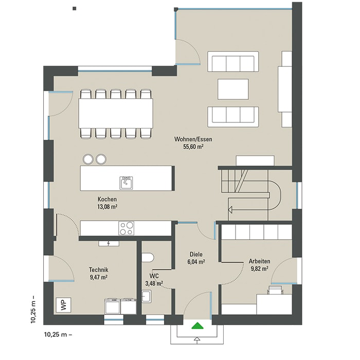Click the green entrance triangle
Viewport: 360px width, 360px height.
[x=197, y=326]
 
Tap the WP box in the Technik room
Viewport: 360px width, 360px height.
[x=64, y=305]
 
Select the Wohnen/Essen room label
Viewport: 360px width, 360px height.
[x=193, y=139]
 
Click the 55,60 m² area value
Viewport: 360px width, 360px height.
[x=193, y=147]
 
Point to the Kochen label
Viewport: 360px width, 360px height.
[x=107, y=200]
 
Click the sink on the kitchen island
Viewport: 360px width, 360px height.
[x=126, y=183]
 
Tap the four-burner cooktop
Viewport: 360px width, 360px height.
[x=127, y=228]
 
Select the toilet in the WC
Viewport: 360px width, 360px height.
[x=148, y=258]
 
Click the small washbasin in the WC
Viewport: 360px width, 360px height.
[x=146, y=296]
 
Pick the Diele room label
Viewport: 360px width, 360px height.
[x=196, y=255]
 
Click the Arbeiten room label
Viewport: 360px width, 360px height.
[x=259, y=261]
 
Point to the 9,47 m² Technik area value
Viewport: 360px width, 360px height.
[x=99, y=277]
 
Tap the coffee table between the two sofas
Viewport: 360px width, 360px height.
[x=233, y=89]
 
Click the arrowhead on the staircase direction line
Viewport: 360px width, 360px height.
[x=230, y=210]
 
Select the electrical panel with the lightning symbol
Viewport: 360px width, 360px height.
[x=109, y=244]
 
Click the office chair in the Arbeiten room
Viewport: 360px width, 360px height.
[x=275, y=290]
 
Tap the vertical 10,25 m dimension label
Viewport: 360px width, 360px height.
[x=34, y=309]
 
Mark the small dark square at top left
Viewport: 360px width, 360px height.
[x=75, y=9]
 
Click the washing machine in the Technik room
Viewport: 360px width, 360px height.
[x=113, y=307]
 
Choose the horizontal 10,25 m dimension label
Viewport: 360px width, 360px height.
[x=58, y=335]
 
